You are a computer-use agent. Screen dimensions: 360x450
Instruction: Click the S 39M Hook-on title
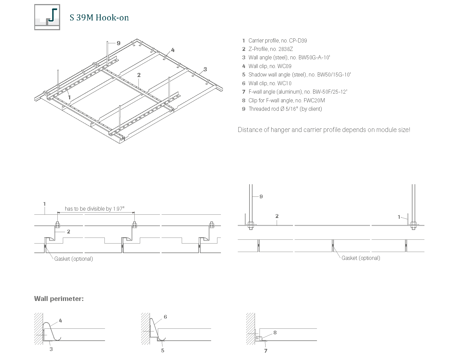tap(99, 18)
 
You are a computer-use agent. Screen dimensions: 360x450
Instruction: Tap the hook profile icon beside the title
tap(47, 17)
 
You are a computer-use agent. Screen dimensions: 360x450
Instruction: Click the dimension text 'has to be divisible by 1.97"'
tap(94, 209)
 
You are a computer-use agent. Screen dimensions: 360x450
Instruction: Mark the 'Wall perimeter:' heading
tap(59, 299)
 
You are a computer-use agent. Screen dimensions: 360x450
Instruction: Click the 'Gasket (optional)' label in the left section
tap(73, 259)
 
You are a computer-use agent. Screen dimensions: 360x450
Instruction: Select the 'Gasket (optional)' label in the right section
tap(361, 258)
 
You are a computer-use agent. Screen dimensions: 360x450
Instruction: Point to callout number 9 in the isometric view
tap(118, 43)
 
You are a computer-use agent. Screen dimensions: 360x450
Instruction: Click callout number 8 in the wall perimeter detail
tap(275, 333)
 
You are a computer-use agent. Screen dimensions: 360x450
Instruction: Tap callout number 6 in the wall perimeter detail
tap(165, 317)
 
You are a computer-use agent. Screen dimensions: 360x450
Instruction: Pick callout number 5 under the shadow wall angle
tap(163, 350)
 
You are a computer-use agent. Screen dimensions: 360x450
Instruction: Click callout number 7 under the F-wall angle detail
tap(266, 351)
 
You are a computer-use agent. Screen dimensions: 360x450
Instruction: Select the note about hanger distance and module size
tap(324, 130)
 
